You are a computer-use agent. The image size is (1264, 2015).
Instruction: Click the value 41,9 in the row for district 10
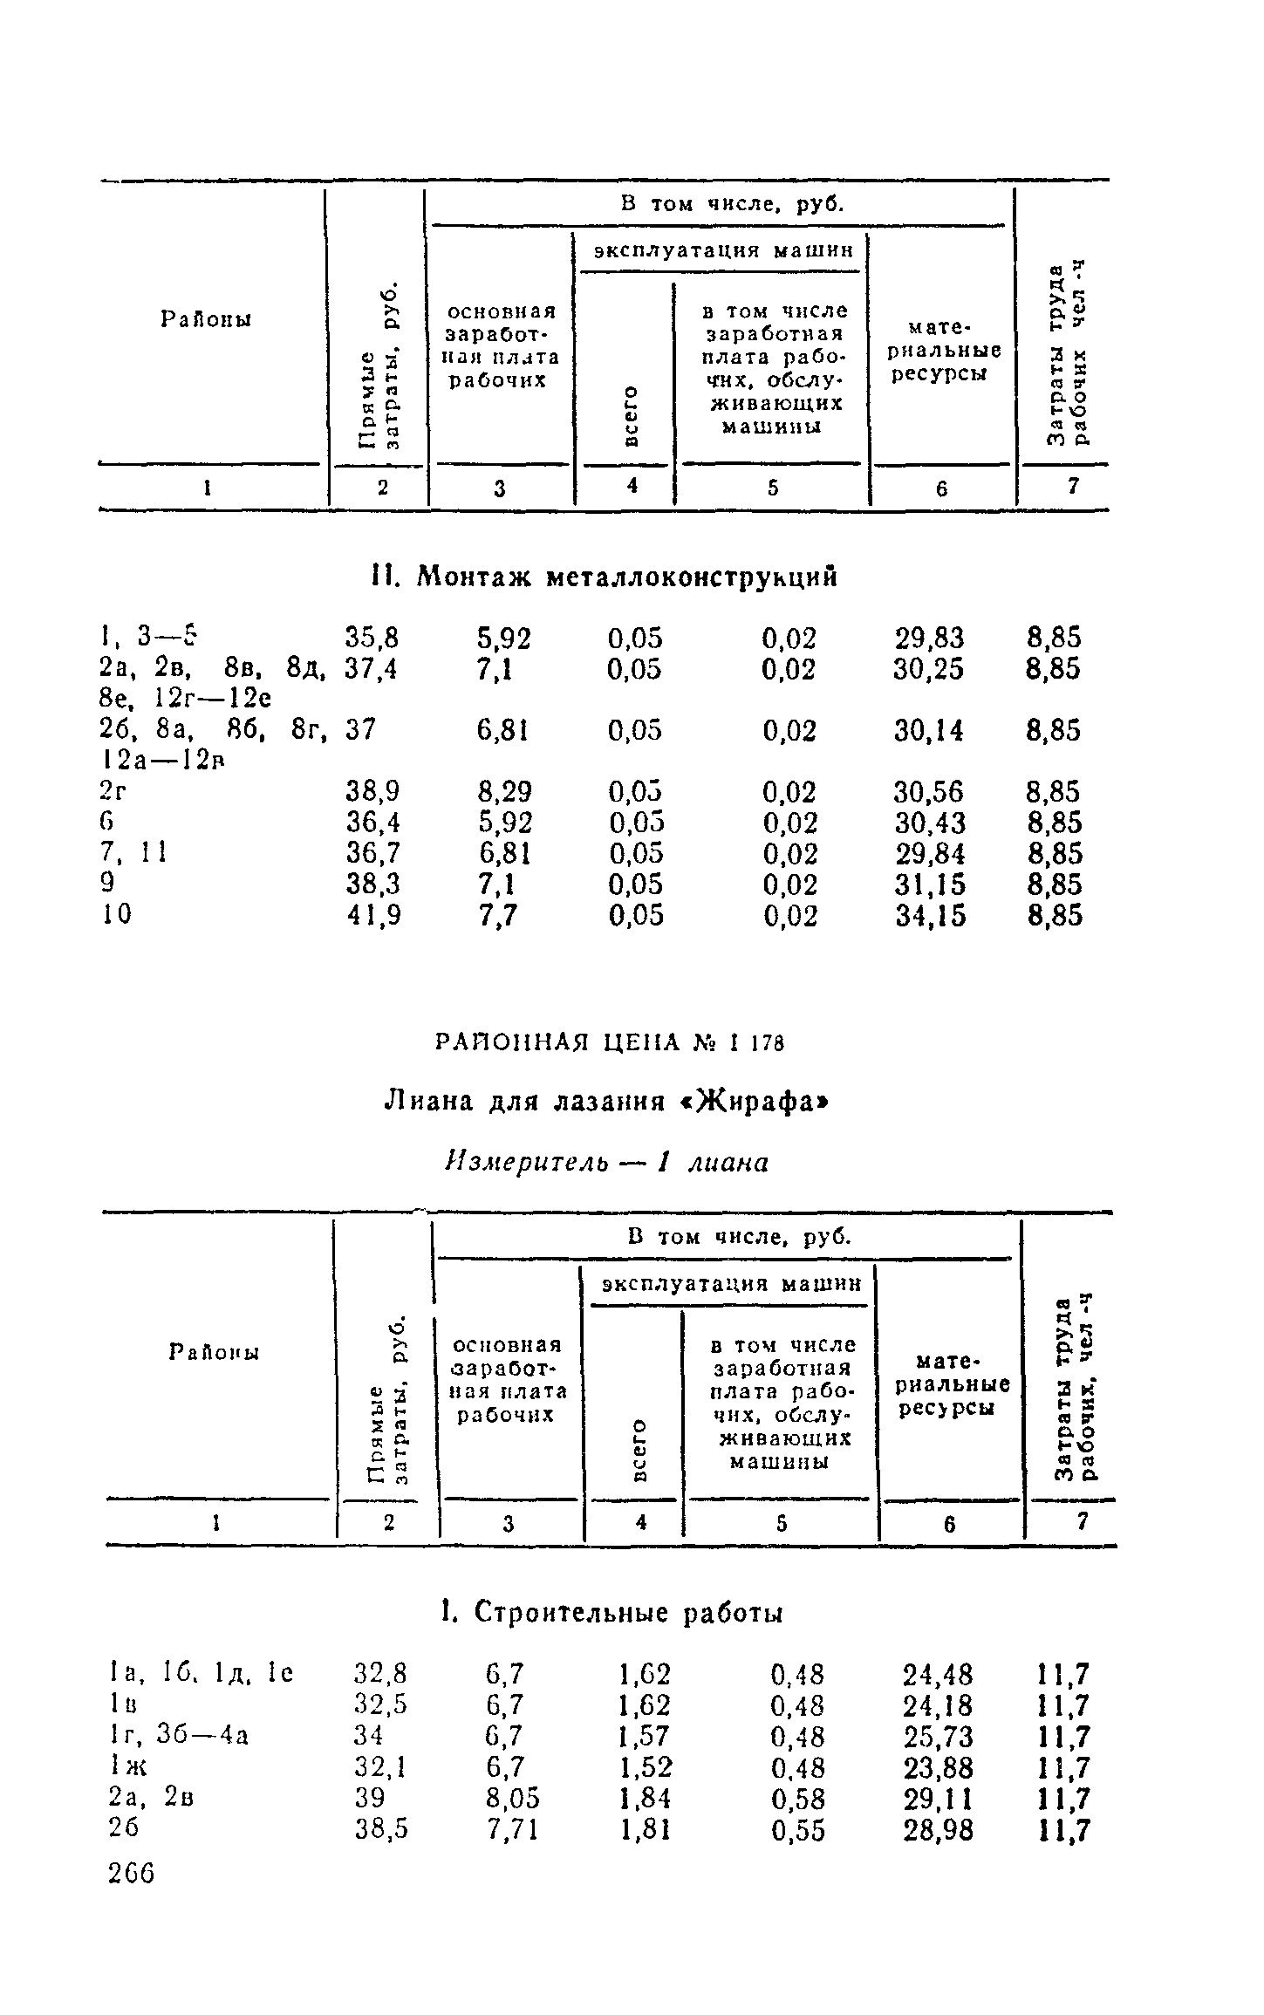click(373, 916)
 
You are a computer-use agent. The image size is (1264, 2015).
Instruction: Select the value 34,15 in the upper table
click(931, 916)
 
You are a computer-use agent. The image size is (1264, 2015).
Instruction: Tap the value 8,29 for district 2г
click(504, 792)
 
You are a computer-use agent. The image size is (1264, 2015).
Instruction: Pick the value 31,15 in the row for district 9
click(931, 885)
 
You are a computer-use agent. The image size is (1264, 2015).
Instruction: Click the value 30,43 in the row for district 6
click(931, 823)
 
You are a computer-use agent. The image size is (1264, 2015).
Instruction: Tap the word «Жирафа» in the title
click(751, 1102)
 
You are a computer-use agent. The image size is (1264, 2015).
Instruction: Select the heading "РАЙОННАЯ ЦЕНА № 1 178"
click(608, 1042)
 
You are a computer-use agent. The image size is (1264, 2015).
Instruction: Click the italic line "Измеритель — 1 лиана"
click(607, 1162)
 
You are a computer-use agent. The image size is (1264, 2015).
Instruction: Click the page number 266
click(131, 1872)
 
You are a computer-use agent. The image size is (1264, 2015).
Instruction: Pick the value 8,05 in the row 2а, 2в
click(513, 1799)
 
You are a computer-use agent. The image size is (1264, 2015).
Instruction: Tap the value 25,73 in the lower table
click(938, 1737)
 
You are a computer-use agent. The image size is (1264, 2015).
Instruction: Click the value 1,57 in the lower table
click(645, 1737)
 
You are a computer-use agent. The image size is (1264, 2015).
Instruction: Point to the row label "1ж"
click(126, 1768)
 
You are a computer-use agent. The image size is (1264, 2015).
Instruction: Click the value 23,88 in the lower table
click(938, 1768)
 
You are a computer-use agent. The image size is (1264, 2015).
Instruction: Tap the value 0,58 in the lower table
click(797, 1799)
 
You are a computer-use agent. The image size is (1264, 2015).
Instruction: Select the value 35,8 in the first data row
click(372, 638)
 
